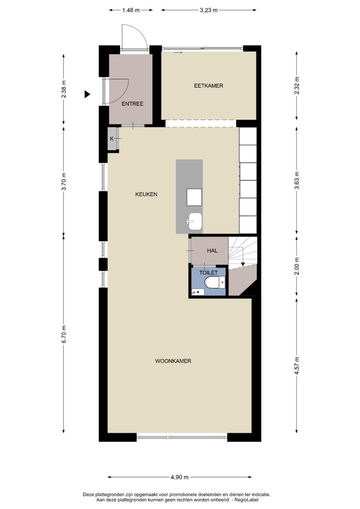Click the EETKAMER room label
click(x=208, y=85)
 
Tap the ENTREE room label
click(x=132, y=104)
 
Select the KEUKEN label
click(x=146, y=194)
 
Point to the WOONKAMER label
click(x=173, y=360)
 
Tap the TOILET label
click(x=208, y=273)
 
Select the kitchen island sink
click(x=194, y=221)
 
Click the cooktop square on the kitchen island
click(x=194, y=197)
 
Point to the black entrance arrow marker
click(x=87, y=94)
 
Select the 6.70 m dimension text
click(x=63, y=334)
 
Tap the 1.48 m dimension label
click(x=130, y=9)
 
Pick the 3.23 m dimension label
click(x=208, y=9)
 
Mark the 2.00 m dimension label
click(x=296, y=265)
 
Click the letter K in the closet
click(x=112, y=138)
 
